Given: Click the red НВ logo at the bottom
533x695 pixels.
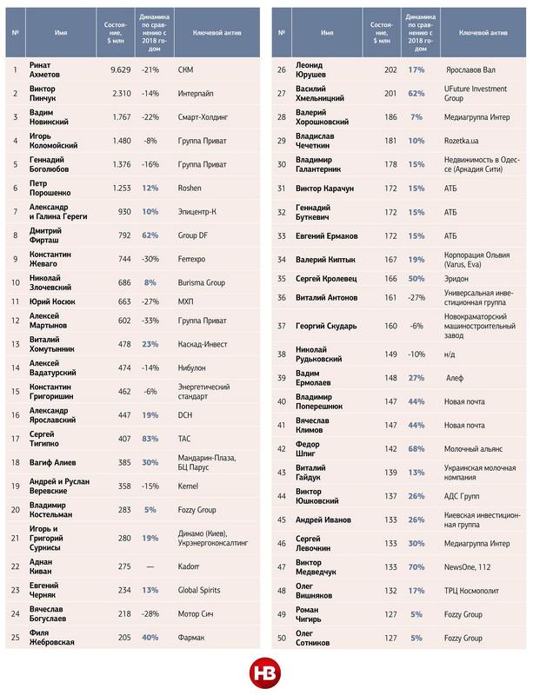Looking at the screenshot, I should point(265,672).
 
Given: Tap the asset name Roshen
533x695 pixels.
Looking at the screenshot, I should point(189,188).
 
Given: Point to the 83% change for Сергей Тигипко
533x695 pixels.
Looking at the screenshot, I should point(150,438).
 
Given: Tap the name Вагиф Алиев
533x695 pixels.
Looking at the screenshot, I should point(58,462).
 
